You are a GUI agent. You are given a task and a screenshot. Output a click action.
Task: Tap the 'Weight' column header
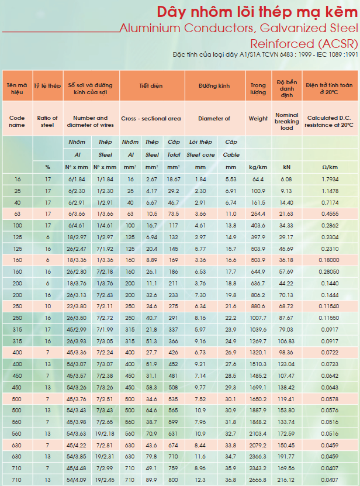point(258,118)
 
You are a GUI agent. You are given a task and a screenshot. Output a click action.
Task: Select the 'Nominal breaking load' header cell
point(286,121)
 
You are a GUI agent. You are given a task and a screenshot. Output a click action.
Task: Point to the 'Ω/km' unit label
point(330,167)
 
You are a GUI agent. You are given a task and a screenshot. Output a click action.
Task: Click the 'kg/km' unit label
point(258,167)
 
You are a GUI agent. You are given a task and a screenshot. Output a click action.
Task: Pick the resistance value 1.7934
point(330,179)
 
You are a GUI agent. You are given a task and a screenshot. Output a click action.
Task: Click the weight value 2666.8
point(258,480)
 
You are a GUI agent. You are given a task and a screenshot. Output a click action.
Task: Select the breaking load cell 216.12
point(286,480)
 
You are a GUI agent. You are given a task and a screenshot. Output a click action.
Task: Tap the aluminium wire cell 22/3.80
point(77,306)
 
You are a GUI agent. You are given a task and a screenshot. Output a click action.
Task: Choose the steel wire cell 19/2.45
point(105,480)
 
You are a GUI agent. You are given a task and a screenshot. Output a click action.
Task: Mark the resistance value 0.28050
point(329,271)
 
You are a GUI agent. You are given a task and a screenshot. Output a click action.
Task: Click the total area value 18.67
point(174,179)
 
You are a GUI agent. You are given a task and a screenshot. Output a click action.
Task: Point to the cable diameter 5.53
point(231,179)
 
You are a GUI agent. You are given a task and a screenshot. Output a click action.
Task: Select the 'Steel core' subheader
point(200,154)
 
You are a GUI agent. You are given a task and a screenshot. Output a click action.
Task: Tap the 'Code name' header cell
point(17,121)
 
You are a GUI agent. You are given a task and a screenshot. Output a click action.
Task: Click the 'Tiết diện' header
point(151,85)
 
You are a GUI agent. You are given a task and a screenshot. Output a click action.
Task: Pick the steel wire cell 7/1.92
point(105,249)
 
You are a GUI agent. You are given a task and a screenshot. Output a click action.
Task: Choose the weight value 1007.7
point(258,318)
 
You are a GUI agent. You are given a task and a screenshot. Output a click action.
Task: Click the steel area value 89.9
point(151,480)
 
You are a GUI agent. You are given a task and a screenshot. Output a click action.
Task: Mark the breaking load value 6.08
point(286,179)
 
